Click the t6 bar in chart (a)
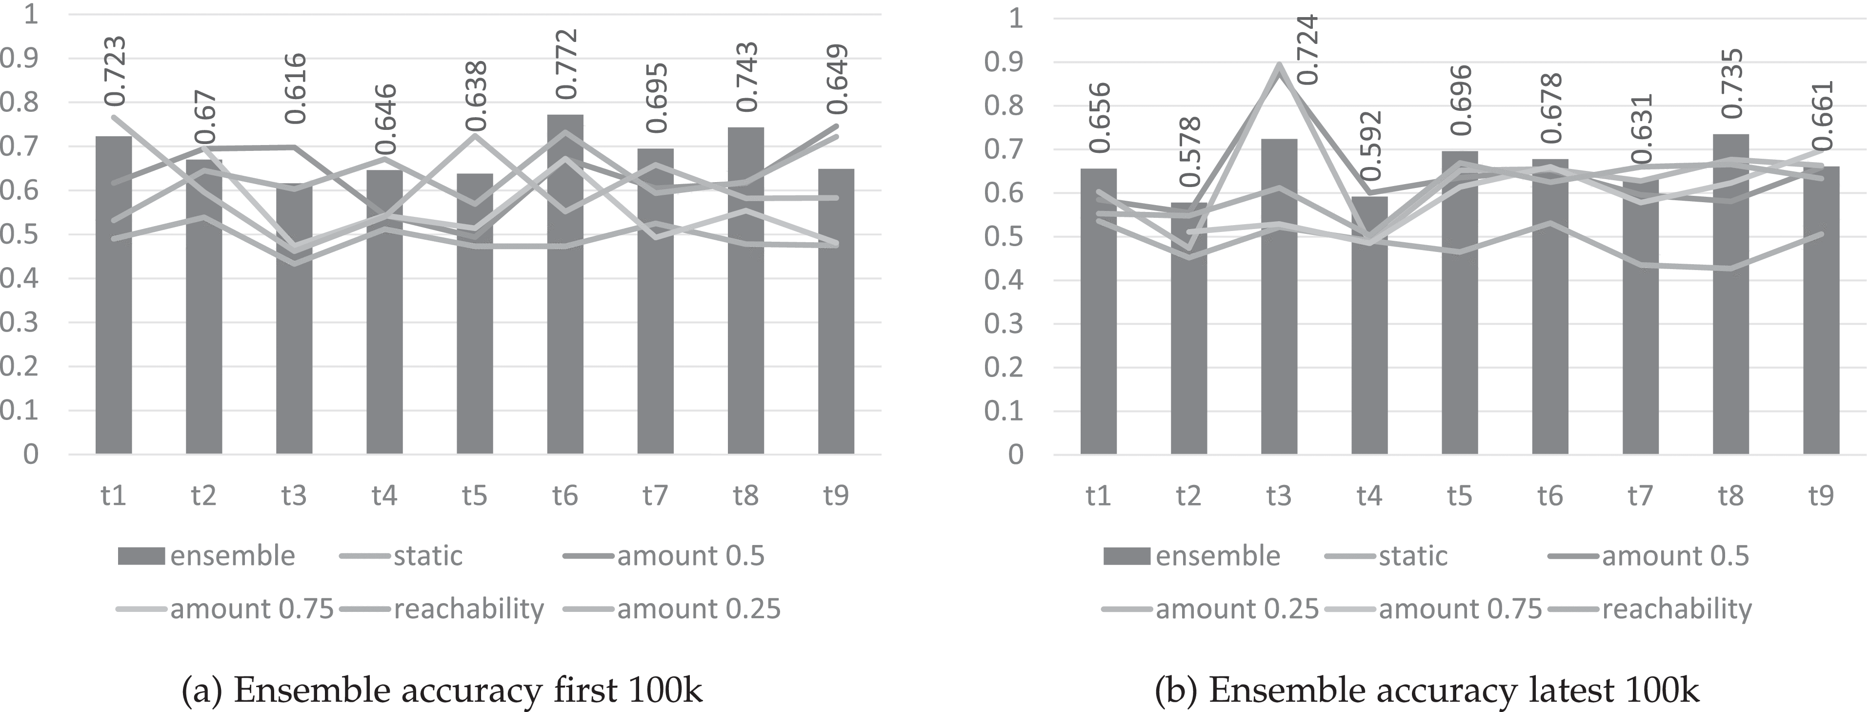tap(565, 291)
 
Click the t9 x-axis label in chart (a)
tap(836, 496)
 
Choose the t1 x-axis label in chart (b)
tap(1098, 496)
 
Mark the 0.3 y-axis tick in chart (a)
tap(20, 323)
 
